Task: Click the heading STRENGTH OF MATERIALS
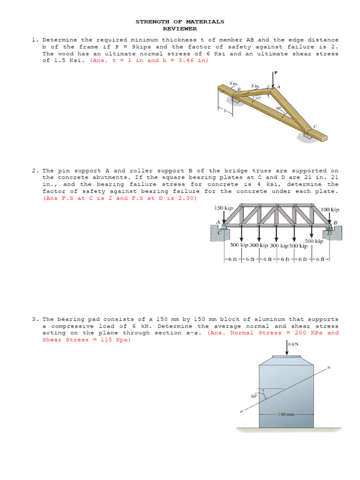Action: pos(180,22)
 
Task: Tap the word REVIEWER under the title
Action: pos(180,29)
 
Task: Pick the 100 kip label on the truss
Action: pos(330,210)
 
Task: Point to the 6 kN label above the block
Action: pos(294,345)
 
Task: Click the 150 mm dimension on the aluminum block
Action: pos(286,414)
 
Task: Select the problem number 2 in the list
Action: pos(35,171)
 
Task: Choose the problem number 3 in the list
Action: pos(35,319)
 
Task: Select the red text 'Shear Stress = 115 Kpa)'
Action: pos(87,340)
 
